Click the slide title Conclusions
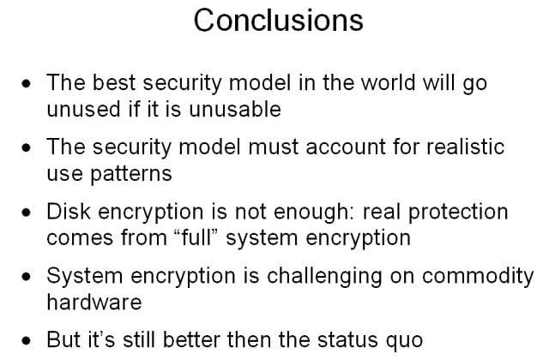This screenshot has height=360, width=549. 278,21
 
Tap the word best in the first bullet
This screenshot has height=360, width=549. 114,82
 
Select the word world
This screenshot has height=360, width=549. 388,82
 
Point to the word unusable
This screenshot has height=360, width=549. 235,109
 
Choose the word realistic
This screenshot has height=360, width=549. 465,147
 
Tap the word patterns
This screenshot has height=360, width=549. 131,174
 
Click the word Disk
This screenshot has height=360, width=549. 69,212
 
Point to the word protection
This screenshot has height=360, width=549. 458,212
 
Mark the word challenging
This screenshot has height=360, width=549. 324,276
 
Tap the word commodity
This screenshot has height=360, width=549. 478,276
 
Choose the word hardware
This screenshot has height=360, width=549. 94,302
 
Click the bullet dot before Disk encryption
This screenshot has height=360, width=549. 27,213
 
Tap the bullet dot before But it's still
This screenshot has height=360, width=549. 27,340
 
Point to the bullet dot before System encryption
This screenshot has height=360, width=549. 27,277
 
